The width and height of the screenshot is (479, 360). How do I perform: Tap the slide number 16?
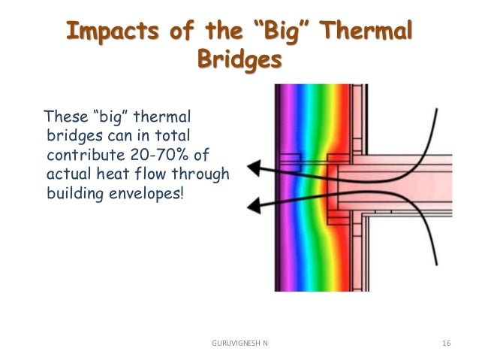(447, 343)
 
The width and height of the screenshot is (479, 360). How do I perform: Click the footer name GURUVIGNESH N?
(239, 343)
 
